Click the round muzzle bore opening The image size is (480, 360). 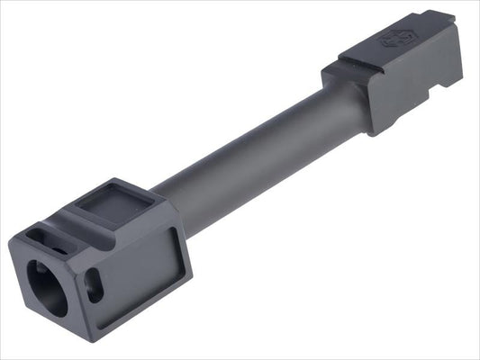(48, 287)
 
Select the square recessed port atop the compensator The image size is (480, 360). (110, 202)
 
